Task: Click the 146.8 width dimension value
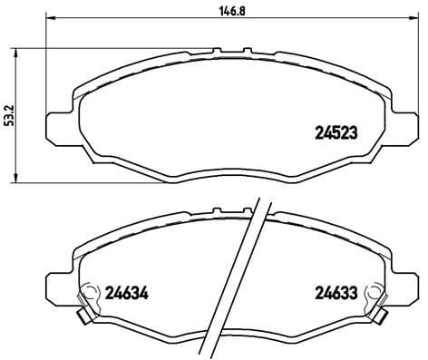pyautogui.click(x=231, y=11)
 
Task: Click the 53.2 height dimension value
pyautogui.click(x=11, y=115)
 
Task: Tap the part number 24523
pyautogui.click(x=336, y=132)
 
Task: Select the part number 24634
pyautogui.click(x=127, y=293)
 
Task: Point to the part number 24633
pyautogui.click(x=336, y=293)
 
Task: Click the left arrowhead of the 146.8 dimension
pyautogui.click(x=50, y=18)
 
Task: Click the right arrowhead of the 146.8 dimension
pyautogui.click(x=415, y=18)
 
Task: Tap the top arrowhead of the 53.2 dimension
pyautogui.click(x=17, y=53)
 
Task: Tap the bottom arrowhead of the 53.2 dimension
pyautogui.click(x=17, y=178)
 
